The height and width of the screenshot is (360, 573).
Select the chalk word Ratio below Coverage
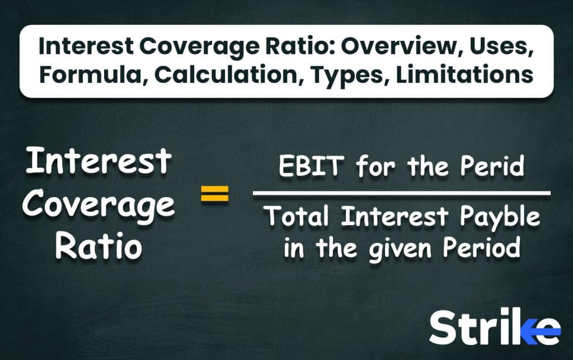(x=98, y=245)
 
